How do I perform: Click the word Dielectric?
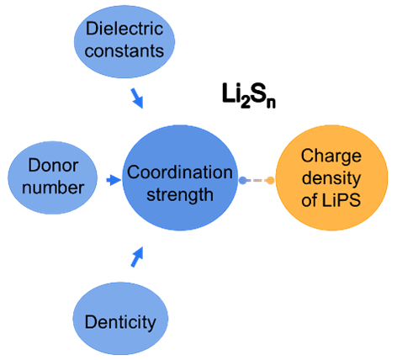pos(124,29)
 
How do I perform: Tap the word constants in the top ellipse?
pos(124,51)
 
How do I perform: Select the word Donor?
pos(53,165)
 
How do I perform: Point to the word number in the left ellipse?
pos(53,188)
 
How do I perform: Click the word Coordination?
pos(180,172)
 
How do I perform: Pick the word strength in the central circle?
pos(180,195)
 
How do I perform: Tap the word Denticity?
pos(120,322)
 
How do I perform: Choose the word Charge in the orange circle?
pos(331,156)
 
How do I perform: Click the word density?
pos(331,178)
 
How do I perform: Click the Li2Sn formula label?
pos(249,96)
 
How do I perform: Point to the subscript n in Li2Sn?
pos(271,103)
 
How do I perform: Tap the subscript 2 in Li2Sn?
pos(245,103)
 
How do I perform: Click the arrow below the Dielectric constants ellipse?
pos(137,98)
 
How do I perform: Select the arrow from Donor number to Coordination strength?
pos(114,180)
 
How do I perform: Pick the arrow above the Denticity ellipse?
pos(137,257)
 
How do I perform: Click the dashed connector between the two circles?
pos(257,181)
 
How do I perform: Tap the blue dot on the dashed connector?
pos(242,181)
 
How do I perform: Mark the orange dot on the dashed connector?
pos(270,181)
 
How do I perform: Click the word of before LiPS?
pos(310,200)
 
